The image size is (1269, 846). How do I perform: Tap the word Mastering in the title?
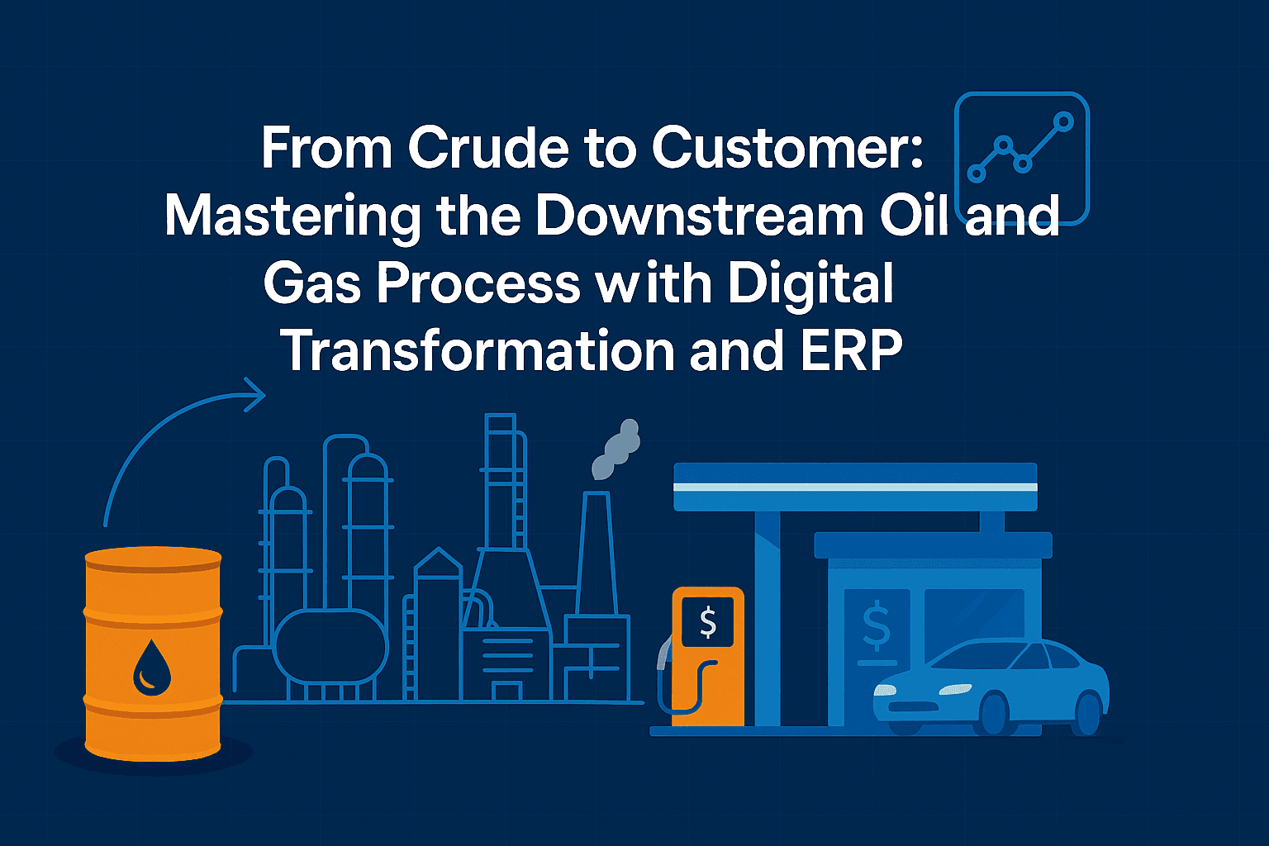point(292,216)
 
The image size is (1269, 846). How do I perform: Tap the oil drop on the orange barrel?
point(152,667)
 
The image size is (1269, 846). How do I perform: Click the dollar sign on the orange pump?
point(708,622)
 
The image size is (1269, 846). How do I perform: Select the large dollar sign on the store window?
point(876,628)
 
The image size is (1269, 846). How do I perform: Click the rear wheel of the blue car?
point(1088,713)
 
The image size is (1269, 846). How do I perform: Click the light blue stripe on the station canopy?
point(855,487)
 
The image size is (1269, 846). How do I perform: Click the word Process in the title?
point(479,283)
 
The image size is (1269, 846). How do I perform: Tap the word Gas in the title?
point(312,283)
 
